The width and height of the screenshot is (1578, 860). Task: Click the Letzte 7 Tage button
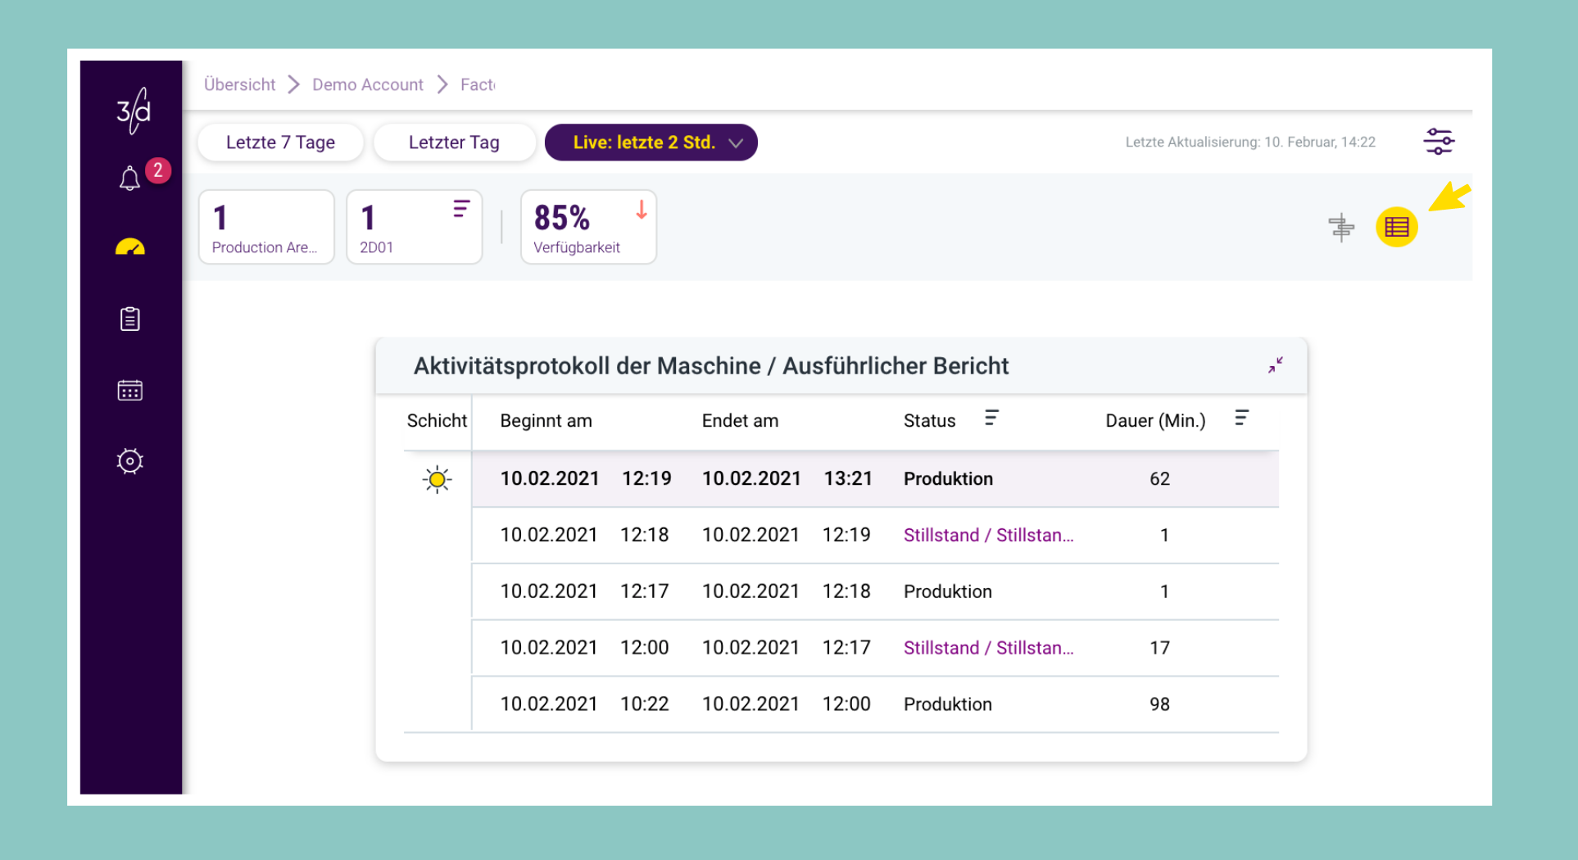pyautogui.click(x=280, y=143)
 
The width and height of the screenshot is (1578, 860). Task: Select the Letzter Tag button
pyautogui.click(x=454, y=143)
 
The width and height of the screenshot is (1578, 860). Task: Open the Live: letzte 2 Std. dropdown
pyautogui.click(x=651, y=143)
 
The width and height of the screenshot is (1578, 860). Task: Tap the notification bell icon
pyautogui.click(x=129, y=178)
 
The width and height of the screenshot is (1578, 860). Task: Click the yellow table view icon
pyautogui.click(x=1396, y=227)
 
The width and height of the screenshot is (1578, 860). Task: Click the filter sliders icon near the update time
pyautogui.click(x=1438, y=142)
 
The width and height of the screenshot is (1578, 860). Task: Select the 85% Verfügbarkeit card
pyautogui.click(x=588, y=227)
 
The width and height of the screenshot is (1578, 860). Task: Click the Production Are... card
pyautogui.click(x=266, y=227)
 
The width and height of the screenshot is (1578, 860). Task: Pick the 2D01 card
pyautogui.click(x=415, y=227)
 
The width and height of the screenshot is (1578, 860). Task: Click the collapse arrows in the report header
pyautogui.click(x=1276, y=365)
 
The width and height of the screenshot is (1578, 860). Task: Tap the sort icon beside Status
pyautogui.click(x=991, y=419)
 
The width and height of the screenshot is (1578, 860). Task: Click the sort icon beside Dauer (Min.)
pyautogui.click(x=1242, y=419)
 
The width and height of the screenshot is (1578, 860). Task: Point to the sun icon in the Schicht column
pyautogui.click(x=438, y=479)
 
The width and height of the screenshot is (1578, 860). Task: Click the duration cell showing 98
pyautogui.click(x=1159, y=704)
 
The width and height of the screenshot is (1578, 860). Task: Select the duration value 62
pyautogui.click(x=1159, y=479)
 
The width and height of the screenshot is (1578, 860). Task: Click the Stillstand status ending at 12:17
pyautogui.click(x=988, y=648)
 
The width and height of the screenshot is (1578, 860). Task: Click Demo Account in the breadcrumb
pyautogui.click(x=368, y=84)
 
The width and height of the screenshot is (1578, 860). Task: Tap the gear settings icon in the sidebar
pyautogui.click(x=129, y=461)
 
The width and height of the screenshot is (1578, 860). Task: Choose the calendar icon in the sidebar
pyautogui.click(x=129, y=390)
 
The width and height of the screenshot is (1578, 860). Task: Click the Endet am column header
pyautogui.click(x=740, y=421)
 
